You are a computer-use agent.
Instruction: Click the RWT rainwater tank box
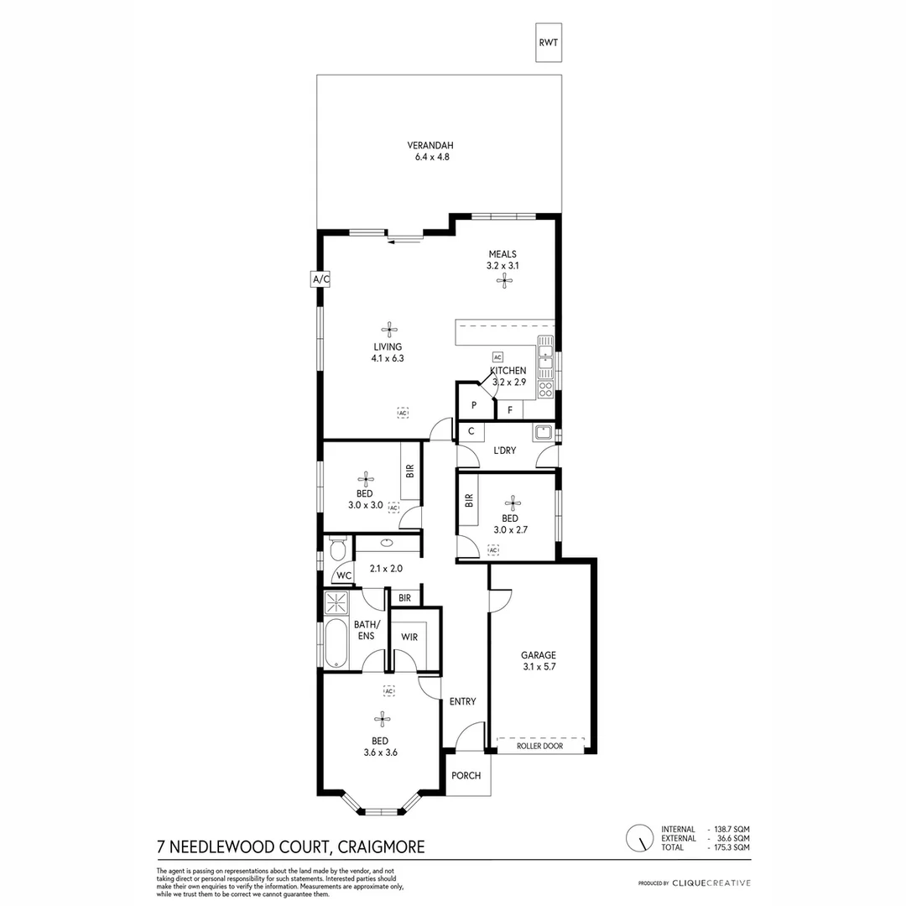tap(549, 41)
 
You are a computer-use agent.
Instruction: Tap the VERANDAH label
tap(432, 144)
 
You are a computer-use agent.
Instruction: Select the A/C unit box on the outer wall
tap(320, 279)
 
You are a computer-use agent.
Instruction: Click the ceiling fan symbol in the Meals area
tap(502, 282)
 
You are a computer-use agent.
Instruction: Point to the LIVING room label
tap(388, 346)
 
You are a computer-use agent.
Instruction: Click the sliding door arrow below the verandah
tap(407, 243)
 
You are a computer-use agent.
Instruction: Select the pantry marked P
tap(474, 406)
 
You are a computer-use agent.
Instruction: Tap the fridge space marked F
tap(509, 410)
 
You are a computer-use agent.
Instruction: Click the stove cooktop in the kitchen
tap(545, 388)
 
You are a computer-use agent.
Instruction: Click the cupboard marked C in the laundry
tap(471, 432)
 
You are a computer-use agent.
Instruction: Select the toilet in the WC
tap(337, 550)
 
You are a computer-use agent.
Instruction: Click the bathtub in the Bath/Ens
tap(336, 644)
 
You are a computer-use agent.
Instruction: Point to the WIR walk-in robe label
tap(409, 638)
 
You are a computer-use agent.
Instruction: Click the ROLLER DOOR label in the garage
tap(539, 746)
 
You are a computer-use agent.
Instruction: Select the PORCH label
tap(466, 776)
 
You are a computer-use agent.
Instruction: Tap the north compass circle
tap(640, 837)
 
